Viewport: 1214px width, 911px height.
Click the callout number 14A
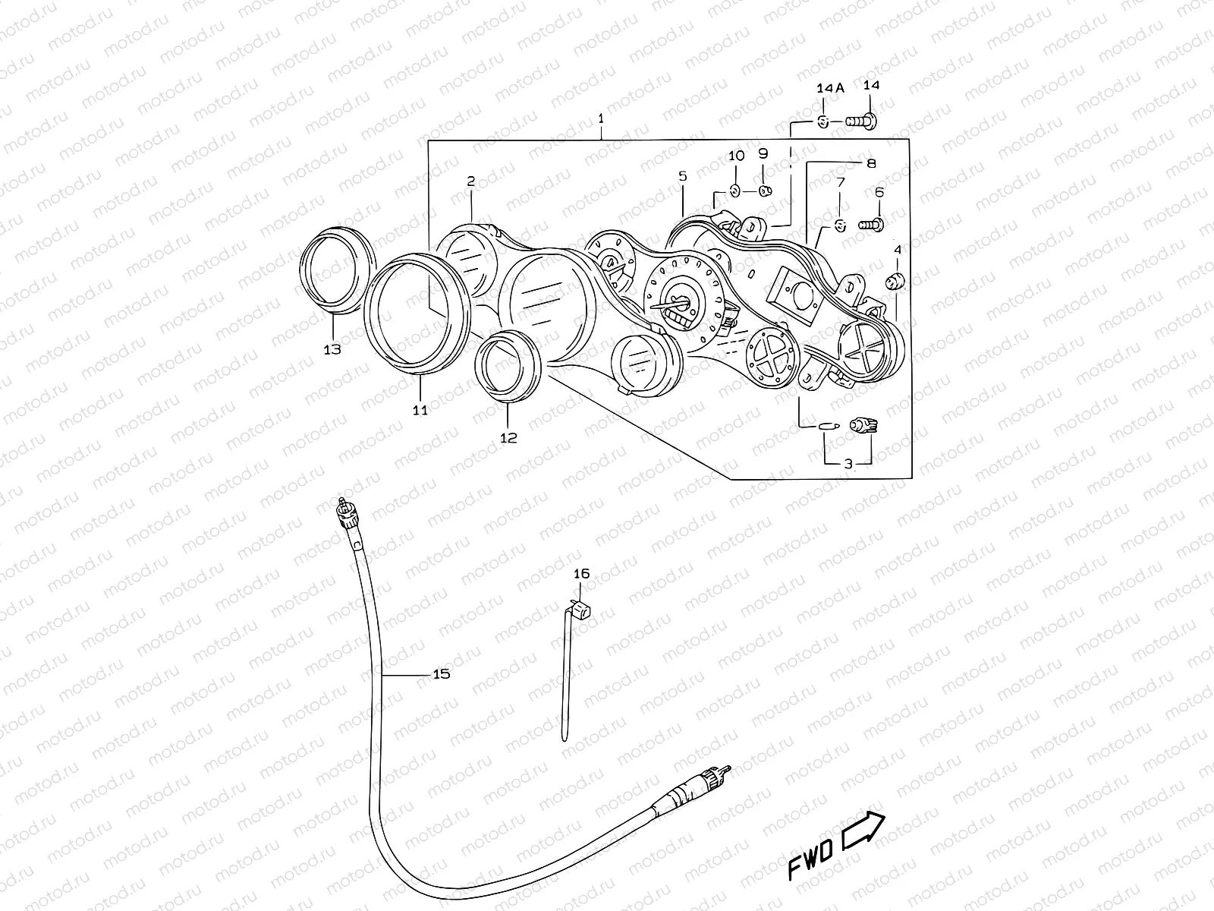pyautogui.click(x=830, y=88)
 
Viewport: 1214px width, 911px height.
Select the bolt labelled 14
pyautogui.click(x=860, y=121)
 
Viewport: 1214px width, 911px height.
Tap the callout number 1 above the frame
pyautogui.click(x=601, y=118)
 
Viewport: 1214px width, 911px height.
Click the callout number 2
pyautogui.click(x=470, y=181)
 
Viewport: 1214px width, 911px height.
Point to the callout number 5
pyautogui.click(x=682, y=176)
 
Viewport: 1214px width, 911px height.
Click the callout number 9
pyautogui.click(x=763, y=153)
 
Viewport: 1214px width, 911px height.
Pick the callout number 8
pyautogui.click(x=871, y=162)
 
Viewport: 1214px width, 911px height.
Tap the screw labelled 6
pyautogui.click(x=872, y=224)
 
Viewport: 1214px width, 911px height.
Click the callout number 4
pyautogui.click(x=898, y=249)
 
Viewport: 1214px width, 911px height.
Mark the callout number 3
pyautogui.click(x=848, y=463)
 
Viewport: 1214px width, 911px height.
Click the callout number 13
pyautogui.click(x=332, y=349)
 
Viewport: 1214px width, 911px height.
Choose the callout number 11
pyautogui.click(x=420, y=410)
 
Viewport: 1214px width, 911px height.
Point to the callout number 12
pyautogui.click(x=508, y=437)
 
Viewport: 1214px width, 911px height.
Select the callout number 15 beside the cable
pyautogui.click(x=441, y=674)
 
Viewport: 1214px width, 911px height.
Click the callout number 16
pyautogui.click(x=581, y=574)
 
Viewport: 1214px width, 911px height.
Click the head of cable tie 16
pyautogui.click(x=582, y=608)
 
